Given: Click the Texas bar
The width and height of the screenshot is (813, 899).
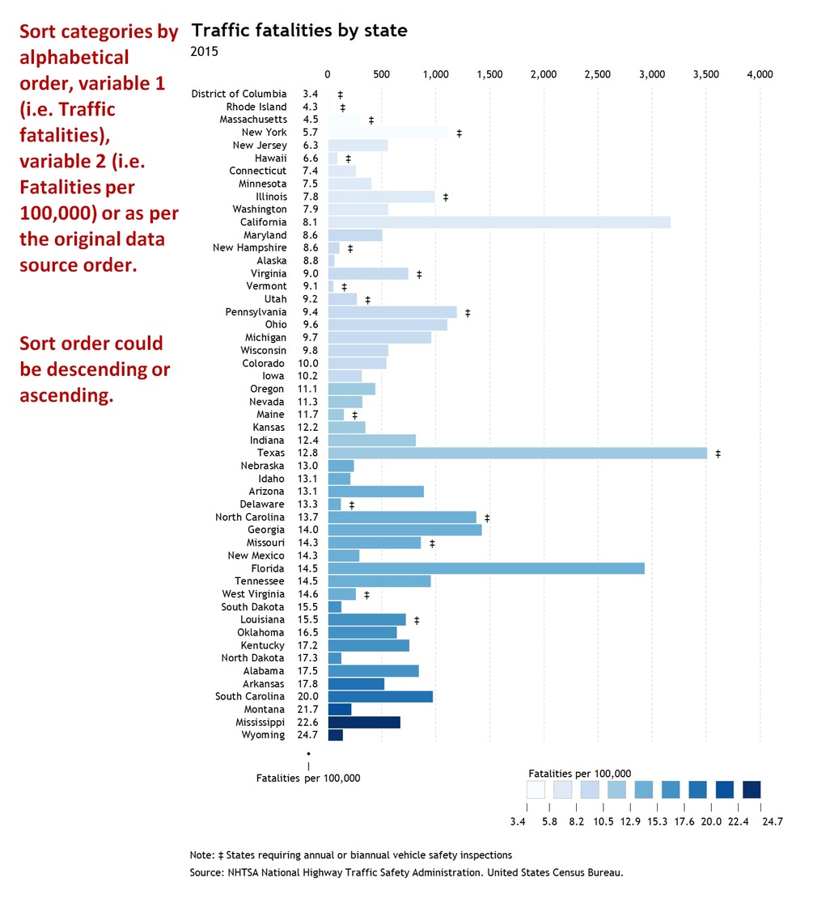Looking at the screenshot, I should pyautogui.click(x=517, y=453).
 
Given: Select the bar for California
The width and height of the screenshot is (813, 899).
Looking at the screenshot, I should pyautogui.click(x=499, y=222).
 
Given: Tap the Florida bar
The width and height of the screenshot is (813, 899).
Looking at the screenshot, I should pyautogui.click(x=486, y=568).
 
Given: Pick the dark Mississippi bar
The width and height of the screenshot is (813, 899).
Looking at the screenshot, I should pyautogui.click(x=364, y=722).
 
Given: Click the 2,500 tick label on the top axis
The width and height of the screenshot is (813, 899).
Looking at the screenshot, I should pyautogui.click(x=598, y=74).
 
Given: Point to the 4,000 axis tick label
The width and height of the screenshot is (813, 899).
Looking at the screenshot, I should pyautogui.click(x=760, y=74).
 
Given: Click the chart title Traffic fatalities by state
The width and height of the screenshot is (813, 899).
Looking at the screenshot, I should pyautogui.click(x=299, y=31).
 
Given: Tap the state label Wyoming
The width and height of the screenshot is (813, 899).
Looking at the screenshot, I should pyautogui.click(x=263, y=735).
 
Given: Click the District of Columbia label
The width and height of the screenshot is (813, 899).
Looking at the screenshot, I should pyautogui.click(x=239, y=94).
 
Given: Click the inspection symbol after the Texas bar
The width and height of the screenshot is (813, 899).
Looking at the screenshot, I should pyautogui.click(x=718, y=454).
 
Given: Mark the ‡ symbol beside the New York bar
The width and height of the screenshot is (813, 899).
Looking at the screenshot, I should pyautogui.click(x=459, y=133).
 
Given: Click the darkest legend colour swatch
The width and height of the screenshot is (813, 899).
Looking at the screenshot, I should pyautogui.click(x=752, y=789).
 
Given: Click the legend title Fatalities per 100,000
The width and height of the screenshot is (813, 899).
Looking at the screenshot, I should pyautogui.click(x=578, y=773).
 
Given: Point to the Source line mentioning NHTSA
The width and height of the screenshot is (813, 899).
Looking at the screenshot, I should pyautogui.click(x=406, y=872).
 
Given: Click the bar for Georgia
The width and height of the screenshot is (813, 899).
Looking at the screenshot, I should pyautogui.click(x=404, y=530).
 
